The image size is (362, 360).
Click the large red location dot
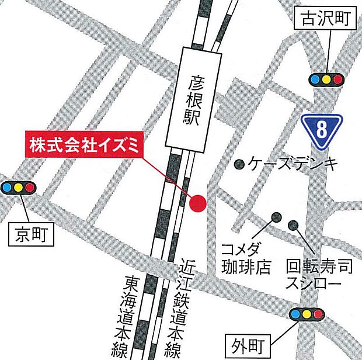[x=199, y=203]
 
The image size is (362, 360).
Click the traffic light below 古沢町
[x=326, y=79]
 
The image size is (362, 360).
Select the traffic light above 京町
[x=18, y=188]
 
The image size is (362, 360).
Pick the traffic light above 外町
[x=307, y=314]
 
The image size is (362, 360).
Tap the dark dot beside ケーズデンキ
[x=239, y=165]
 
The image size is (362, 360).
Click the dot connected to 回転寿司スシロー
[x=293, y=225]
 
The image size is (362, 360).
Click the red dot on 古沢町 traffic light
[x=337, y=79]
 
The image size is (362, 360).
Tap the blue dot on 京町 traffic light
[x=8, y=188]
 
